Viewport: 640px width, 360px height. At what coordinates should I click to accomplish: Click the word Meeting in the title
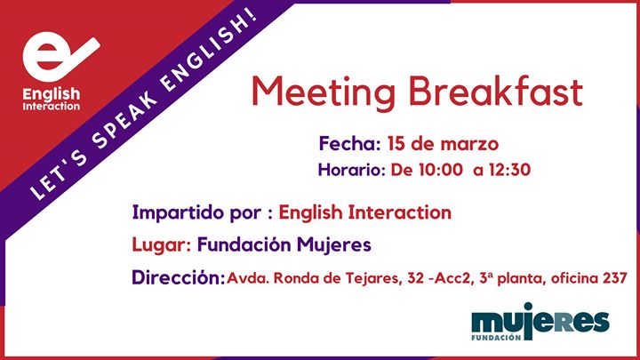click(x=324, y=93)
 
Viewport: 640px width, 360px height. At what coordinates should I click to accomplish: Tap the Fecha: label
click(x=349, y=144)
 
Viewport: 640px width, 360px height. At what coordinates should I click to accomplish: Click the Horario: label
click(x=351, y=170)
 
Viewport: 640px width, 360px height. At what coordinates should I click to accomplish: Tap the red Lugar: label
click(x=161, y=245)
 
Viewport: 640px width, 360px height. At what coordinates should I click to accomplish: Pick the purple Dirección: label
click(x=178, y=277)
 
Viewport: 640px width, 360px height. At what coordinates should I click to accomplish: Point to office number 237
click(x=615, y=278)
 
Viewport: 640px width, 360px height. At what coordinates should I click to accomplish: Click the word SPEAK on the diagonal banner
click(x=125, y=120)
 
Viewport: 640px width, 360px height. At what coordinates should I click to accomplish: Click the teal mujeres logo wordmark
click(x=540, y=322)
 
